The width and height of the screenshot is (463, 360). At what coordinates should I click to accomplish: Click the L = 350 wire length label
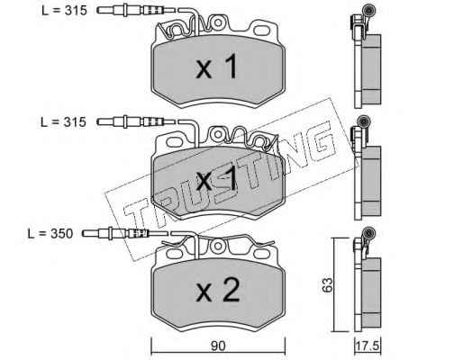(50, 234)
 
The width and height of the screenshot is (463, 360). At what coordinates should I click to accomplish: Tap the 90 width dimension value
(218, 346)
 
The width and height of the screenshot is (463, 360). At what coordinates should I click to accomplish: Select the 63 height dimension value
(327, 284)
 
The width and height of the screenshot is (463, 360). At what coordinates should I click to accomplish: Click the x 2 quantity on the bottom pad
(218, 290)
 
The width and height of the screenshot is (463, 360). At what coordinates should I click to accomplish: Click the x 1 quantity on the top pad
(217, 67)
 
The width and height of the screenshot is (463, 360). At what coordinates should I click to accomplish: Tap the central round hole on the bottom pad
(216, 247)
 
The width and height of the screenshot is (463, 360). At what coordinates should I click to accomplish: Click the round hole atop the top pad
(218, 22)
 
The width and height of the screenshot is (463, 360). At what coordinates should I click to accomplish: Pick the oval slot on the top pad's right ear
(262, 31)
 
